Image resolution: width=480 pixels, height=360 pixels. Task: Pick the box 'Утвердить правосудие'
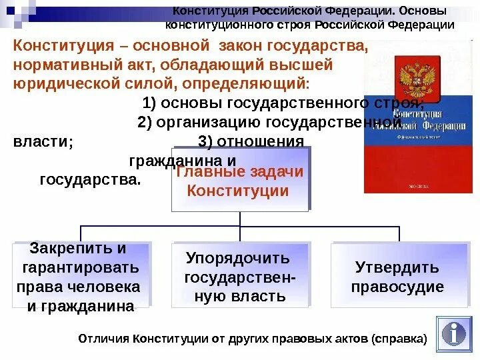397,276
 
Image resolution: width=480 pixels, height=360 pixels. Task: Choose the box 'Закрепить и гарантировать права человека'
80,277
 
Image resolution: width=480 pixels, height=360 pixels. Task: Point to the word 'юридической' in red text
63,85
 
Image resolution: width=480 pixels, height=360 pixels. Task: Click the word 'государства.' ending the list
90,179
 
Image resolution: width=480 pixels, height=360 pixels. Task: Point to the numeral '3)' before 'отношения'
207,143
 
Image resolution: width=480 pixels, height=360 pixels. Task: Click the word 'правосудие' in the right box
397,287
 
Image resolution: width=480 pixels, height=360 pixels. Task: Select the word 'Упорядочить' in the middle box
238,258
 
